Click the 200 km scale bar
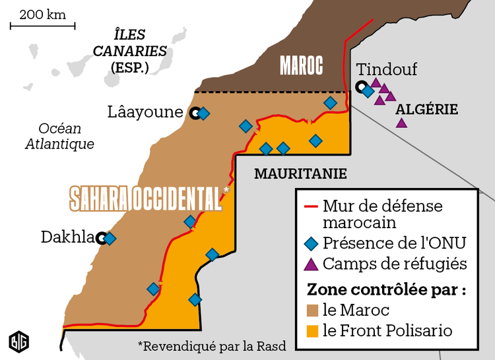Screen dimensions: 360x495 tap(42, 26)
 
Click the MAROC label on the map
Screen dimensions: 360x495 tap(301, 65)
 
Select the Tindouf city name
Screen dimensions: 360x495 tap(387, 69)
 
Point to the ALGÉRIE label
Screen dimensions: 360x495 tap(426, 109)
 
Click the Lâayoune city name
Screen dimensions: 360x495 tap(145, 112)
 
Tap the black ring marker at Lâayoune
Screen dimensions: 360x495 tap(195, 113)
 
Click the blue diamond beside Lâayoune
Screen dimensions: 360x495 tap(204, 113)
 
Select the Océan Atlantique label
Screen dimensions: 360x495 tap(59, 136)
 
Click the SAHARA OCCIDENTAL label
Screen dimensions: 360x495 tap(146, 198)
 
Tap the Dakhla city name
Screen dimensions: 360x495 tap(67, 237)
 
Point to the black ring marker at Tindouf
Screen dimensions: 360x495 tap(360, 86)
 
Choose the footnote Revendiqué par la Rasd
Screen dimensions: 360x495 tap(211, 345)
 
